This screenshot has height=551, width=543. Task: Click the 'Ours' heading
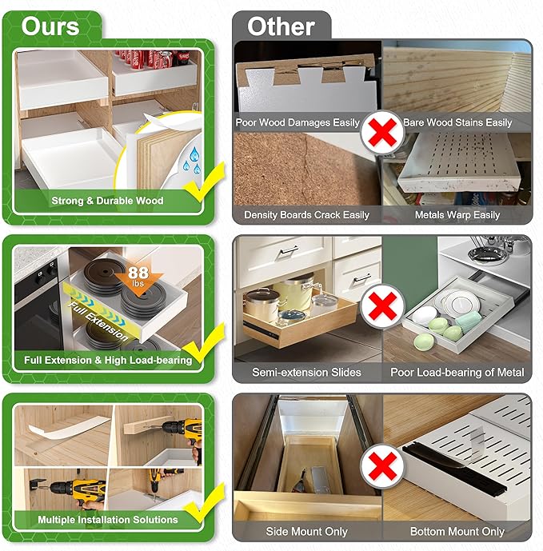[50, 26]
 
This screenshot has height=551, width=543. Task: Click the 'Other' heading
[281, 26]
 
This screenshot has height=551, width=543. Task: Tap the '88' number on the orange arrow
[138, 273]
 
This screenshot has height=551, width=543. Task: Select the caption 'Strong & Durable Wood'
[107, 201]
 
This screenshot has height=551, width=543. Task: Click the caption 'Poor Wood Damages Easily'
[297, 122]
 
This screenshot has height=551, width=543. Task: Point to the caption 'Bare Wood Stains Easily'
[457, 122]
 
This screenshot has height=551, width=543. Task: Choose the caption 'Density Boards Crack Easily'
[306, 214]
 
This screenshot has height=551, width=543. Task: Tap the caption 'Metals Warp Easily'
[457, 214]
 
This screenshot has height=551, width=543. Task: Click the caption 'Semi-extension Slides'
[306, 372]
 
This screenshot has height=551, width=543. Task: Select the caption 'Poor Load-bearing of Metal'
[457, 372]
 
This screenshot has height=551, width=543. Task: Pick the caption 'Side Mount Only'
[306, 531]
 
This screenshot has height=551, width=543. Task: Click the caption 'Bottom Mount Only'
[457, 531]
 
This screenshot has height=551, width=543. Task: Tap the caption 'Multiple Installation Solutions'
[107, 519]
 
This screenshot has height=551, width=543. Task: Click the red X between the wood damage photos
[382, 133]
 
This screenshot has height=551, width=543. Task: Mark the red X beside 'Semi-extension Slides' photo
[382, 306]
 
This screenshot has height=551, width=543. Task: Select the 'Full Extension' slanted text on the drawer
[98, 321]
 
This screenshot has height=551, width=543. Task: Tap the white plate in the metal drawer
[457, 301]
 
